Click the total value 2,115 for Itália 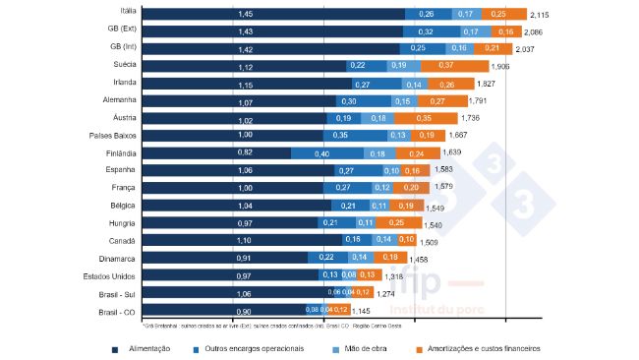coord(540,15)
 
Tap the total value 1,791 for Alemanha coord(479,100)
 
